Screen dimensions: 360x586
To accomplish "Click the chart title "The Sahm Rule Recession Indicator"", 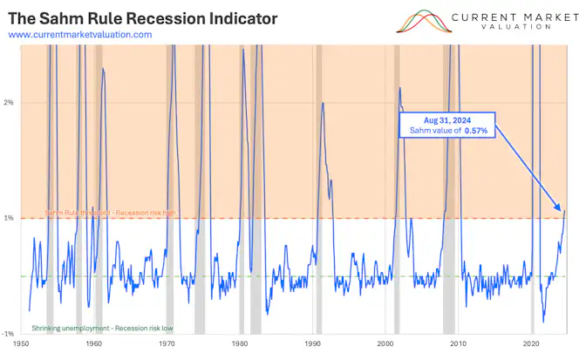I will (x=143, y=17).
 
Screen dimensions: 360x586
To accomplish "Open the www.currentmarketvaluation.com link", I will (x=79, y=34).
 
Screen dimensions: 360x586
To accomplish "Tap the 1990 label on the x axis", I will (x=313, y=346).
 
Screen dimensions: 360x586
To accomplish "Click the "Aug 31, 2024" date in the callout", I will (x=447, y=119).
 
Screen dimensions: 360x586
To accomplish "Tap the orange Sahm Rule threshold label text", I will (x=104, y=213).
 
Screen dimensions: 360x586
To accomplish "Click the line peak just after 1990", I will (x=324, y=103).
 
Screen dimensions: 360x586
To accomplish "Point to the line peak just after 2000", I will (x=399, y=88).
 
